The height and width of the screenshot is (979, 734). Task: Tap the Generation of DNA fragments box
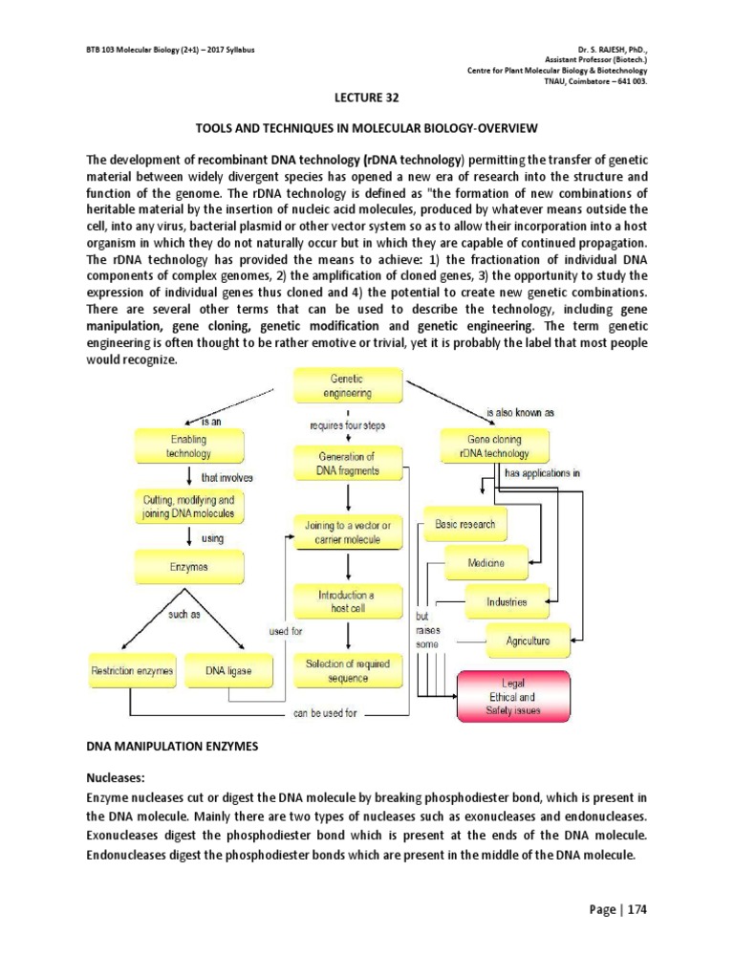coord(347,464)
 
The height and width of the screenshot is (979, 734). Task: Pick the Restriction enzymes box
coord(132,671)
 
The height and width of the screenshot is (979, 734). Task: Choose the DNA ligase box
coord(228,671)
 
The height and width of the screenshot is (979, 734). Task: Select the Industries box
coord(507,602)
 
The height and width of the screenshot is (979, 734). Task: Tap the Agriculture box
coord(528,641)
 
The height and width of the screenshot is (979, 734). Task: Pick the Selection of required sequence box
coord(347,670)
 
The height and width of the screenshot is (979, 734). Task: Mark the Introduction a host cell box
coord(347,601)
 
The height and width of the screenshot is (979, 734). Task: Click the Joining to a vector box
coord(347,533)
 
